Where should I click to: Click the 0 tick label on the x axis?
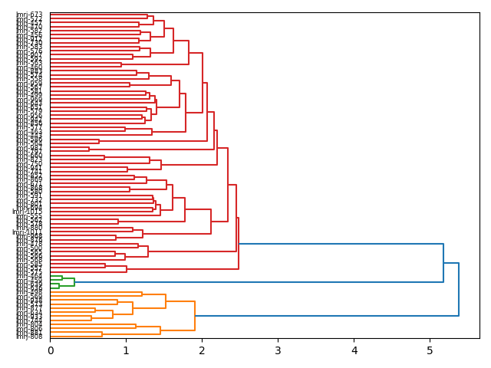(51, 350)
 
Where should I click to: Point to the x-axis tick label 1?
(127, 350)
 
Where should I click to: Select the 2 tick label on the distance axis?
(203, 350)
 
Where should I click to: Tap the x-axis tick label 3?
(278, 350)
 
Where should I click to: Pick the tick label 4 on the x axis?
(354, 350)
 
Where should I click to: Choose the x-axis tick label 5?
(430, 350)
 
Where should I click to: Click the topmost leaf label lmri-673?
(29, 15)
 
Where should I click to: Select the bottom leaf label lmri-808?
(29, 336)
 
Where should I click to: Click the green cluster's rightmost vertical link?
(74, 282)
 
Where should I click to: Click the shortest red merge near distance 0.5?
(89, 149)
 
